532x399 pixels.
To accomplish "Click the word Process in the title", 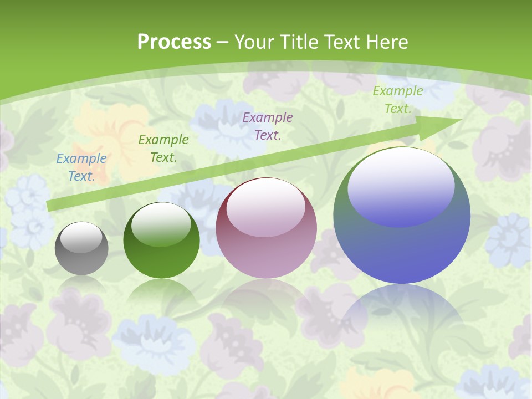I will coord(174,42).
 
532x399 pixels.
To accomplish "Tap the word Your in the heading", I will coord(255,42).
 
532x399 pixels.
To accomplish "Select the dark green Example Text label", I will coord(163,149).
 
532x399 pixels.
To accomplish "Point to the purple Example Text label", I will coord(268,126).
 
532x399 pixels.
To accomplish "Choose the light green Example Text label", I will coord(398,100).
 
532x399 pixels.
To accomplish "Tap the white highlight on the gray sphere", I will coord(81,238).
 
